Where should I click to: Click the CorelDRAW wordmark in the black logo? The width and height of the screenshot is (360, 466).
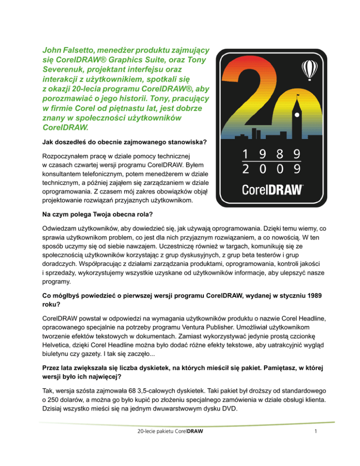(272, 190)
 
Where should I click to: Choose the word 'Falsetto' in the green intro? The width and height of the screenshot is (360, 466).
(85, 49)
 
